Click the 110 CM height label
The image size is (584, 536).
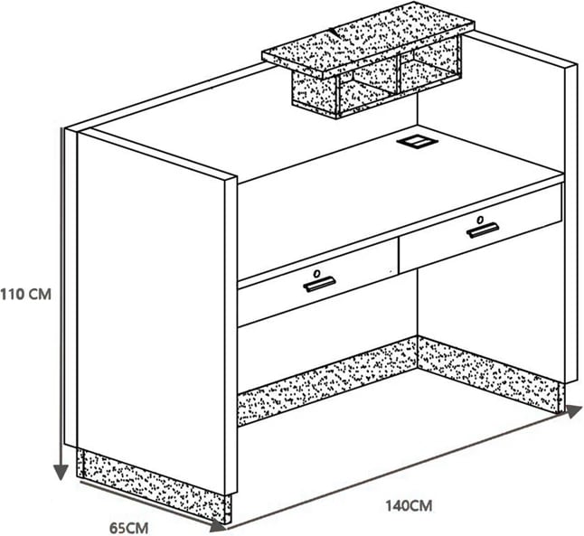(x=25, y=295)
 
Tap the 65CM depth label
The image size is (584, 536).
(x=129, y=528)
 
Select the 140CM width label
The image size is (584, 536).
(x=409, y=506)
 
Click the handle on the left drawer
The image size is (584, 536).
(x=319, y=284)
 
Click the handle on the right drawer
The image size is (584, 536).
(x=483, y=230)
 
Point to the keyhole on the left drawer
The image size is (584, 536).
(x=316, y=274)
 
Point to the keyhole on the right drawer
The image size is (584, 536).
(x=480, y=220)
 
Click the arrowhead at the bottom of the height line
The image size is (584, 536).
(x=61, y=473)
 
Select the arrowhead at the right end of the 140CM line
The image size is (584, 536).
(x=575, y=411)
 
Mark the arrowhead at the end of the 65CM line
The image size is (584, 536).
(x=218, y=525)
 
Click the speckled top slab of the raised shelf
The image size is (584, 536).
(x=368, y=41)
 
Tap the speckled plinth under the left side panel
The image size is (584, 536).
(x=154, y=485)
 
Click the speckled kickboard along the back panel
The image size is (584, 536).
(x=327, y=381)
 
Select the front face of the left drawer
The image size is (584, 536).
(x=318, y=283)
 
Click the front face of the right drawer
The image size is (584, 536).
(x=480, y=228)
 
